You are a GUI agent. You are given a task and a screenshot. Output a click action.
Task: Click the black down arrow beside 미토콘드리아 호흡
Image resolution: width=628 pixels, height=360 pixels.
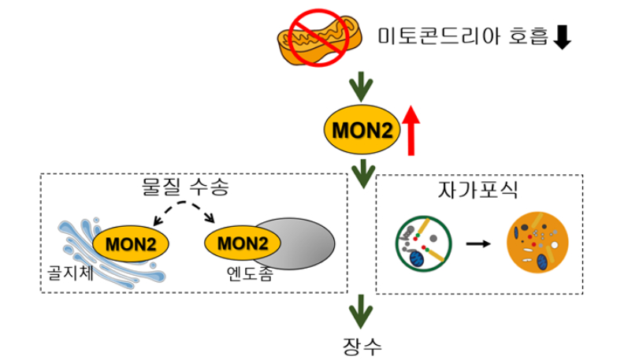[562, 37]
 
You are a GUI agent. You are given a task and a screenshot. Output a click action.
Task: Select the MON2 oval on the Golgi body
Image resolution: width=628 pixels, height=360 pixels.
[131, 243]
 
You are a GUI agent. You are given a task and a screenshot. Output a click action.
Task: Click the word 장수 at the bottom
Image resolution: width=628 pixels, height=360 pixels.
[362, 345]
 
